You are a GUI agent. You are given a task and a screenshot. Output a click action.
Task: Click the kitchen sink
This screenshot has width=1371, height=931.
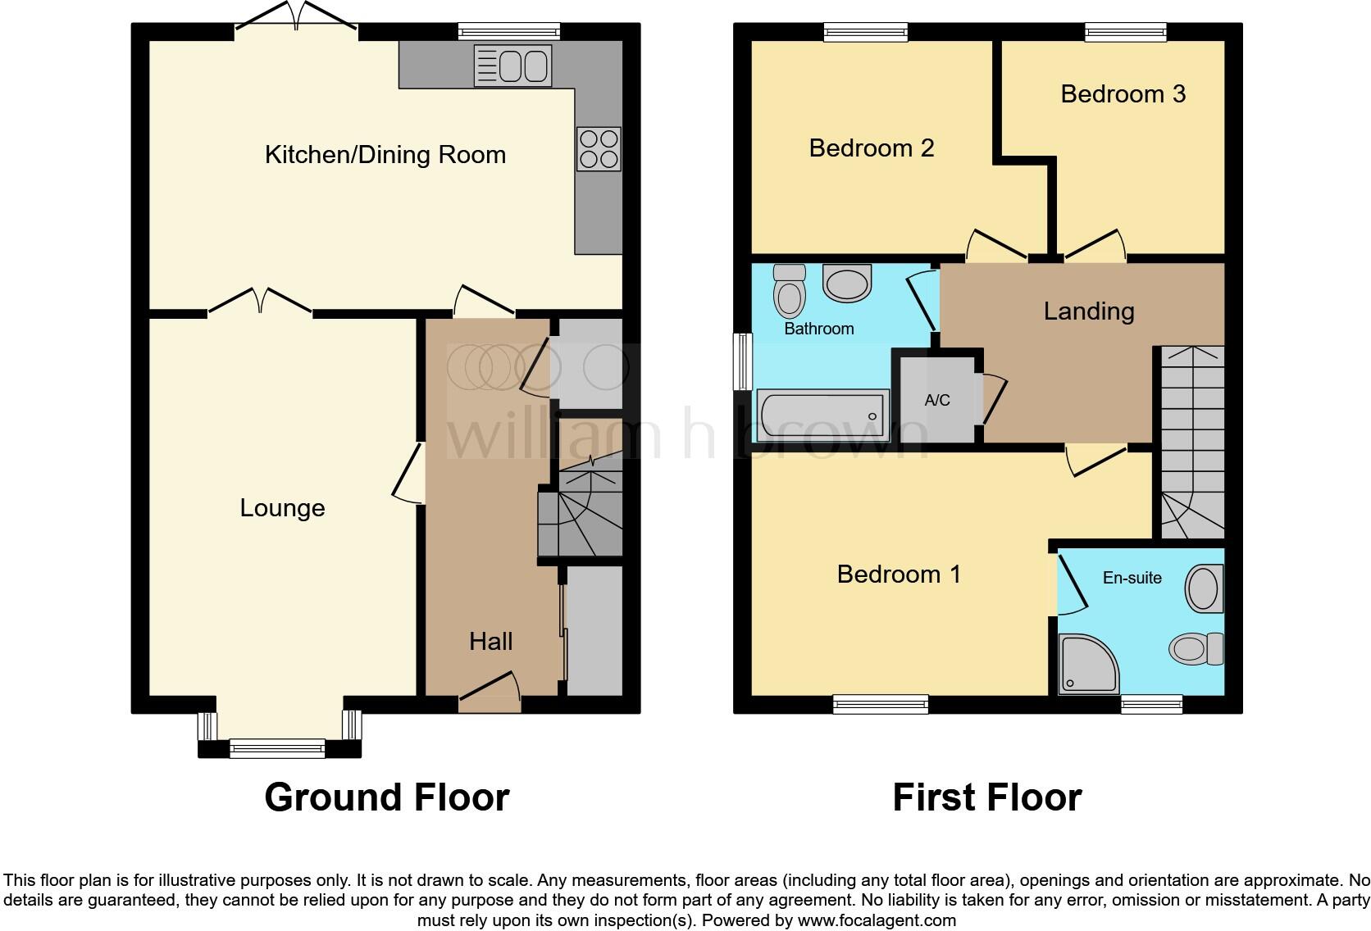coord(512,66)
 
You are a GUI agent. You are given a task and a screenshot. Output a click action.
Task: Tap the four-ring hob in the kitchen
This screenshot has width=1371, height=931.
coord(599,148)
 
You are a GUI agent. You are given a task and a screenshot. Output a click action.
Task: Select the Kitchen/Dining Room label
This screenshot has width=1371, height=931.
coord(385,155)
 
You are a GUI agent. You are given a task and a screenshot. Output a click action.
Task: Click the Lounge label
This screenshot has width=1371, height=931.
coord(282,508)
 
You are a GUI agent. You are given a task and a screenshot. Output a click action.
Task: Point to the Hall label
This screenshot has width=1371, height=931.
coord(490,641)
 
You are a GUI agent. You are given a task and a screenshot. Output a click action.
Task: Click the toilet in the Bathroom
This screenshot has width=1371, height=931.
coord(790,292)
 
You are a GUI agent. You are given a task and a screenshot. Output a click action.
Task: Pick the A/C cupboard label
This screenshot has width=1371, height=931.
coord(937,400)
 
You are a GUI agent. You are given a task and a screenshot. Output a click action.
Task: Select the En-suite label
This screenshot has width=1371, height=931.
coord(1132,578)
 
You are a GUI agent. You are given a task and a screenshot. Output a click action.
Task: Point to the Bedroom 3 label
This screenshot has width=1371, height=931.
coord(1123,94)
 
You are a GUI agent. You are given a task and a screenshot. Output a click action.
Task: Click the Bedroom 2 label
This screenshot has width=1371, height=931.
coord(871,148)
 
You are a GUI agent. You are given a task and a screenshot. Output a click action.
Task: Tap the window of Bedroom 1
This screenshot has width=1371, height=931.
coord(880,703)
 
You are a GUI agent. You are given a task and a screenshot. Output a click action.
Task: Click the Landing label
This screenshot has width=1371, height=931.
coord(1088,311)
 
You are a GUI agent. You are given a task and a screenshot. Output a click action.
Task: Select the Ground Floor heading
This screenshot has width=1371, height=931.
coord(386,797)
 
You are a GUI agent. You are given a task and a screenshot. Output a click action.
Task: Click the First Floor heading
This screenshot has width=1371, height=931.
coord(986,797)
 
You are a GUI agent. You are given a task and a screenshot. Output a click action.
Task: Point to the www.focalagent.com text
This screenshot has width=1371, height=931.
coord(877,920)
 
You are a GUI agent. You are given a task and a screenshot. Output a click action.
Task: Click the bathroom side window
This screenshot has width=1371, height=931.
coord(743,361)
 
